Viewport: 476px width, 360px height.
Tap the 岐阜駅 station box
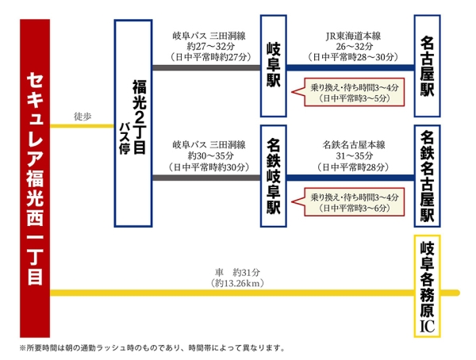[274, 67]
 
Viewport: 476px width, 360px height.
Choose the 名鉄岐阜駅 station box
[274, 175]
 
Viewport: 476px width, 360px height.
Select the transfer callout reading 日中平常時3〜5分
[352, 98]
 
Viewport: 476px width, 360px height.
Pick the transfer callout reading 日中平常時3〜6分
[352, 206]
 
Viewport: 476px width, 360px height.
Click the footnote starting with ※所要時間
[151, 347]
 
